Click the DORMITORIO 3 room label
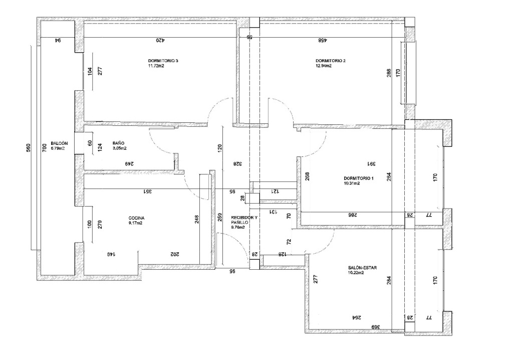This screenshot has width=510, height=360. [163, 61]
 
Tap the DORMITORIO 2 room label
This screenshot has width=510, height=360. [331, 61]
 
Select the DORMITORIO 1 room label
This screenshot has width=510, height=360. [358, 178]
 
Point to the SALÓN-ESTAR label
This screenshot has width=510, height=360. [362, 268]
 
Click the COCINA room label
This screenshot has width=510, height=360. [136, 218]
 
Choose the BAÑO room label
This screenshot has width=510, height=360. [118, 143]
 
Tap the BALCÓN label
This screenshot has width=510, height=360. [59, 143]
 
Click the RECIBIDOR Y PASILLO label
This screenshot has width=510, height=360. [244, 220]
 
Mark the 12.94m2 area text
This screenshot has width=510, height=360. [324, 66]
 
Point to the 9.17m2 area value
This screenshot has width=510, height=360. [135, 223]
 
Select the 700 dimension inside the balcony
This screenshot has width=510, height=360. [45, 148]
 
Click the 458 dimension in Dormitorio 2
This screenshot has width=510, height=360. [322, 40]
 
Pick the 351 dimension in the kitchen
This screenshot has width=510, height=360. [147, 192]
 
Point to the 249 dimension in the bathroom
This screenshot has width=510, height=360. [129, 164]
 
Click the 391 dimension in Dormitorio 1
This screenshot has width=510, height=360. [371, 164]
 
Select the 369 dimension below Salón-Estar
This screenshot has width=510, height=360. [376, 327]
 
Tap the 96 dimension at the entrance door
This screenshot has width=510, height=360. [232, 271]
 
